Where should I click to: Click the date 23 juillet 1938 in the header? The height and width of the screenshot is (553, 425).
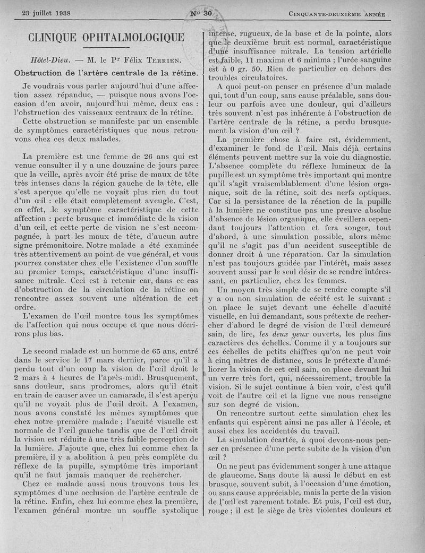47,13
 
